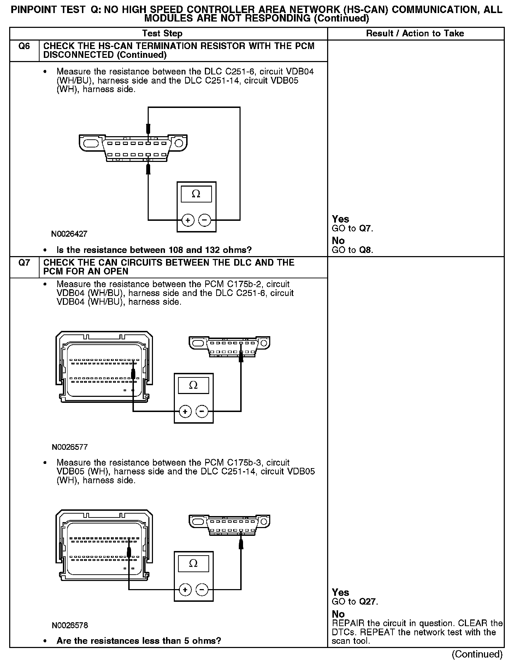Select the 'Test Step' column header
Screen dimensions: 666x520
coord(162,34)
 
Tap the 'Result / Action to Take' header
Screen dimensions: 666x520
coord(415,34)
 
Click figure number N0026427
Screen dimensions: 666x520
coord(69,234)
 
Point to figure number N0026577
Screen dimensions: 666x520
coord(70,447)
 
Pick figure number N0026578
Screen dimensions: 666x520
coord(70,625)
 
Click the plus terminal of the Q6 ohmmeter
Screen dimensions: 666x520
coord(188,220)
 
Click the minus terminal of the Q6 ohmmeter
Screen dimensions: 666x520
coord(205,220)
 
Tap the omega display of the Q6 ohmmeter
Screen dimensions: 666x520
coord(196,194)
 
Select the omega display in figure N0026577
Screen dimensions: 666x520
coord(193,385)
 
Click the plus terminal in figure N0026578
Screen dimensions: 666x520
coord(185,589)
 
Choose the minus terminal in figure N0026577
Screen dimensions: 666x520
coord(202,411)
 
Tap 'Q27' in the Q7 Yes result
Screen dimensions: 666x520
coord(368,601)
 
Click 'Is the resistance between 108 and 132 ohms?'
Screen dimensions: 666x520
coord(154,250)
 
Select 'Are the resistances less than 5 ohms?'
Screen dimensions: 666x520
coord(139,641)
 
